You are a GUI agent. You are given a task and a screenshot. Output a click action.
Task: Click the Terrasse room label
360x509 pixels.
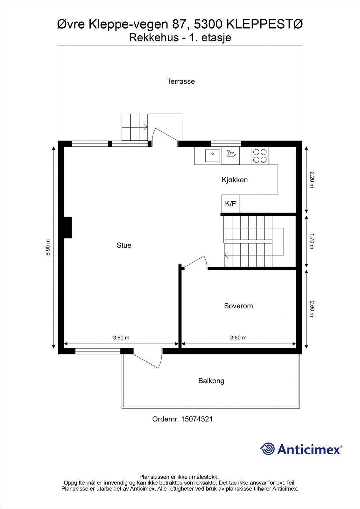[181, 81]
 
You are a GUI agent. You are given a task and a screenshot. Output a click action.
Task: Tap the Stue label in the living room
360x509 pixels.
[124, 245]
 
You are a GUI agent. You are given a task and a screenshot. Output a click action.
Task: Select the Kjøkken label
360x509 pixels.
[235, 180]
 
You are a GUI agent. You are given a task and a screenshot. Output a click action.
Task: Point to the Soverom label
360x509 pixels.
[238, 306]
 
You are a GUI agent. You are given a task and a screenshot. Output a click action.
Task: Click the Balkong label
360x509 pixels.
[211, 381]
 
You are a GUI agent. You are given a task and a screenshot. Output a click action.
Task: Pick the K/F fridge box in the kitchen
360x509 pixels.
[230, 204]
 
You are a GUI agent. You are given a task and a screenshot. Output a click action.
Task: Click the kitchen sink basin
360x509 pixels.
[212, 156]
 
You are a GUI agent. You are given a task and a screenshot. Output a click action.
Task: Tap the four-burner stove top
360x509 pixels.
[260, 156]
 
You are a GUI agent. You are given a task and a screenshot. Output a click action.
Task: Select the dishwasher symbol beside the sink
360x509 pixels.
[230, 156]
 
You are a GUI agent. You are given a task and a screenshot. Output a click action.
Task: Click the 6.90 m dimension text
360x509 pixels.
[48, 248]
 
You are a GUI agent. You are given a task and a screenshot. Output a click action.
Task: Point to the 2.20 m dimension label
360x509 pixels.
[312, 179]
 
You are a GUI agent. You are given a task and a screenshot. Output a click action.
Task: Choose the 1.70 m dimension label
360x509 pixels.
[312, 241]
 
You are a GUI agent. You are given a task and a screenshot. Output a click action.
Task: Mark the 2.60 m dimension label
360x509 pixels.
[312, 309]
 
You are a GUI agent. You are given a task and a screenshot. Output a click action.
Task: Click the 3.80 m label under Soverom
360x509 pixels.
[238, 338]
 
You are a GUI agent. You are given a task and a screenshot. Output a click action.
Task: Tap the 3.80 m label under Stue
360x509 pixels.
[121, 338]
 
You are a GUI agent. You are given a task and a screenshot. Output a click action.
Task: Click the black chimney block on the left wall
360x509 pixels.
[68, 227]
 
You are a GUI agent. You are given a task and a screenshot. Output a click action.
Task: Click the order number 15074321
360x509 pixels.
[197, 419]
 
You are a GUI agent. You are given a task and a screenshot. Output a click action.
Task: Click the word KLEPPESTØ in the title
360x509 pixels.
[265, 24]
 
